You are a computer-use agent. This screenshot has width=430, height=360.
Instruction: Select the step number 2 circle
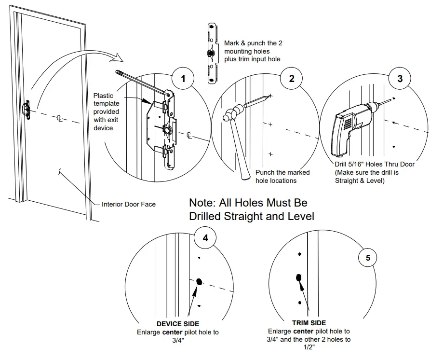pos(292,79)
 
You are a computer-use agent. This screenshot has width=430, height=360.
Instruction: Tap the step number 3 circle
pos(400,79)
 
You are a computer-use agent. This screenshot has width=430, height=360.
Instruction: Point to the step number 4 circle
pos(205,238)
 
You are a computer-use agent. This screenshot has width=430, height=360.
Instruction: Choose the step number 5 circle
pos(368,258)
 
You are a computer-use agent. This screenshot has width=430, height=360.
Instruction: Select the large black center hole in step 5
pos(298,277)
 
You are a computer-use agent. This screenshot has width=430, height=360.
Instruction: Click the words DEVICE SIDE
pos(178,324)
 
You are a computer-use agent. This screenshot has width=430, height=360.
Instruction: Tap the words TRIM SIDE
pos(309,323)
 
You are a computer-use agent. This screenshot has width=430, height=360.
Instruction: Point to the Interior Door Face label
pos(129,204)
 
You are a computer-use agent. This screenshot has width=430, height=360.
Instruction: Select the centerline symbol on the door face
pos(59,118)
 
